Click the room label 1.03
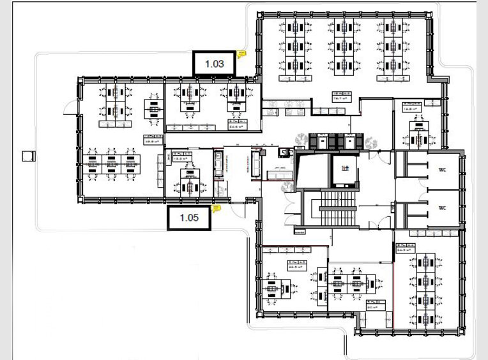coord(215,64)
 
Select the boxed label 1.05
coord(190,218)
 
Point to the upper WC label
coord(441,170)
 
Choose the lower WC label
coord(441,209)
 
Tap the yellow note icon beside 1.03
coord(241,54)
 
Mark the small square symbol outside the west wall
coord(27,156)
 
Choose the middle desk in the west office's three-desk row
coord(111,162)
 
